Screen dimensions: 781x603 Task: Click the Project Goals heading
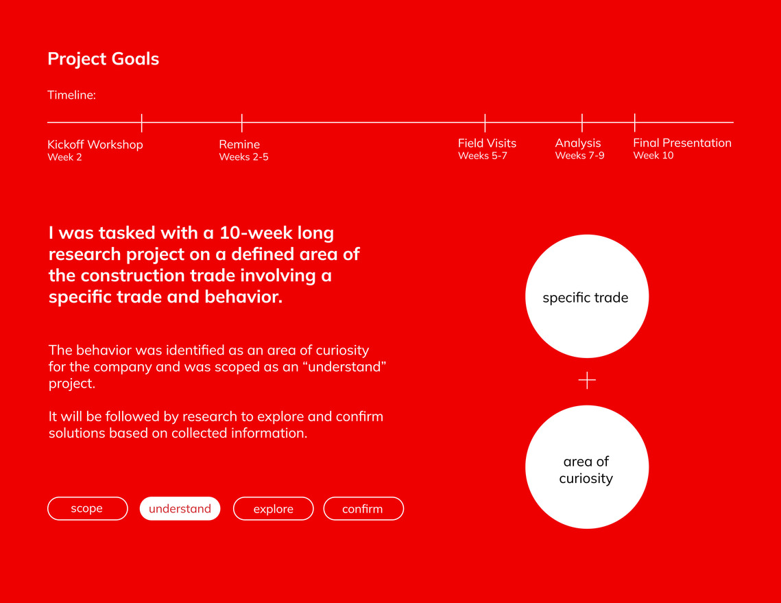click(103, 59)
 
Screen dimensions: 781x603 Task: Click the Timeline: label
click(71, 95)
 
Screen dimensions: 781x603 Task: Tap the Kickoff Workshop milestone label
click(95, 145)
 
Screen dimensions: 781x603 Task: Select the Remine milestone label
click(239, 144)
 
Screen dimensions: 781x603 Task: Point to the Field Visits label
click(487, 143)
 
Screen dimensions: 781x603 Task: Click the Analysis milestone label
click(578, 143)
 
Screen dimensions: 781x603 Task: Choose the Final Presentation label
click(682, 143)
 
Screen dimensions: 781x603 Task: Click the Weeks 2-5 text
click(243, 157)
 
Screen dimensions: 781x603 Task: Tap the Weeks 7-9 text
click(580, 156)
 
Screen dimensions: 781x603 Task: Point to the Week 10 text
click(653, 156)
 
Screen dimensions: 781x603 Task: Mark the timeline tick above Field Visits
click(485, 123)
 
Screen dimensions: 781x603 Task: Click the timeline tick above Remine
click(241, 123)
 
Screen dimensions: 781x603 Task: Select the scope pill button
click(88, 508)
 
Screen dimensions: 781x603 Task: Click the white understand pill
click(180, 508)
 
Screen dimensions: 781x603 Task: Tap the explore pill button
click(274, 508)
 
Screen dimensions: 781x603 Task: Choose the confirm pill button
click(363, 508)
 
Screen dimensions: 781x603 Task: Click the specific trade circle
click(587, 296)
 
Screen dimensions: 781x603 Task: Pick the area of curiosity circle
click(587, 467)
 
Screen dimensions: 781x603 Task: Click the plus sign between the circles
click(587, 380)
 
